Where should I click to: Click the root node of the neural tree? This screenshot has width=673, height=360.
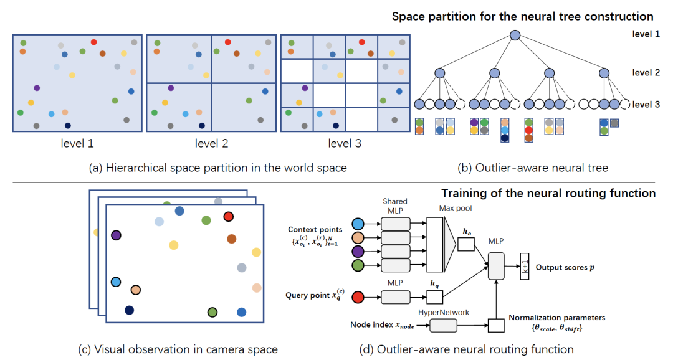click(515, 36)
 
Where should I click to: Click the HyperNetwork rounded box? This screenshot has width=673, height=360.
click(442, 324)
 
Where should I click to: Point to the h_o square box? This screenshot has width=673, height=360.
click(466, 245)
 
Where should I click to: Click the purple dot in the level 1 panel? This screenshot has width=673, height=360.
click(37, 88)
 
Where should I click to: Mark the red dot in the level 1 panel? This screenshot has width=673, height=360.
click(93, 42)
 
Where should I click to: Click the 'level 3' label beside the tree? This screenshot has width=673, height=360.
click(646, 104)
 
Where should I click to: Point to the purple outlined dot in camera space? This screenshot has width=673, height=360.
click(115, 235)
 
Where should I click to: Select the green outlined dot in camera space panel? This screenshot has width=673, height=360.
click(212, 311)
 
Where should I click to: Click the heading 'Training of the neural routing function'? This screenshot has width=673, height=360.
click(548, 193)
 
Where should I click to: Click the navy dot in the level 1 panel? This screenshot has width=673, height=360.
click(67, 126)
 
